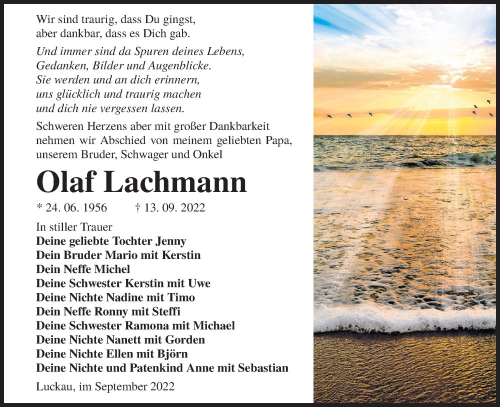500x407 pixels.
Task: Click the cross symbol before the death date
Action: click(137, 207)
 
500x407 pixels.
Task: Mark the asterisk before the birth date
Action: click(39, 207)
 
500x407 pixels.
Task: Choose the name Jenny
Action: click(170, 241)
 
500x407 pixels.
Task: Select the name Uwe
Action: click(199, 283)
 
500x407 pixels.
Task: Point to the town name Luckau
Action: click(52, 387)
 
